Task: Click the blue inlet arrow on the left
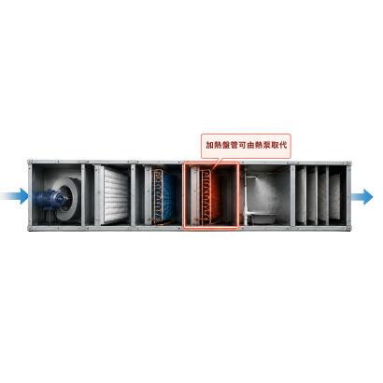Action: (x=17, y=196)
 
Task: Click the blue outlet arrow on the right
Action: (x=362, y=196)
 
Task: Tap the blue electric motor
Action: (x=50, y=200)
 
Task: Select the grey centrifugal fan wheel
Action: (x=67, y=199)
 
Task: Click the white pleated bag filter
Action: (x=116, y=195)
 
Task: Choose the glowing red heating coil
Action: (x=210, y=197)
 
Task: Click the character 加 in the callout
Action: (x=209, y=145)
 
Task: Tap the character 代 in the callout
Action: (x=283, y=145)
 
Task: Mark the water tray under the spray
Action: (x=264, y=219)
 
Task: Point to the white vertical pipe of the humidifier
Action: (x=247, y=199)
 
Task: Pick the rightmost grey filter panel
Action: (x=334, y=196)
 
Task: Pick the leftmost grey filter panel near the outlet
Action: (x=300, y=196)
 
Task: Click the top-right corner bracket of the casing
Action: (x=349, y=163)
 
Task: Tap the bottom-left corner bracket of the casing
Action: (x=30, y=228)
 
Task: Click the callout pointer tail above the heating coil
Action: (x=218, y=163)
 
